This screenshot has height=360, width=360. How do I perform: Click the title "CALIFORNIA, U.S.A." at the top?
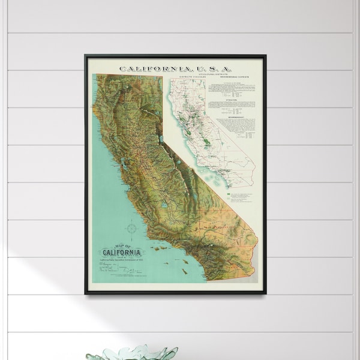point(175,68)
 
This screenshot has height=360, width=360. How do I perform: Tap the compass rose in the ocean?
point(131,229)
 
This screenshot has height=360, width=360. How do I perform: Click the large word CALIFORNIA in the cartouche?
point(118,251)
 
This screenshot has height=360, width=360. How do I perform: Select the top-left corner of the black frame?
point(86,56)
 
